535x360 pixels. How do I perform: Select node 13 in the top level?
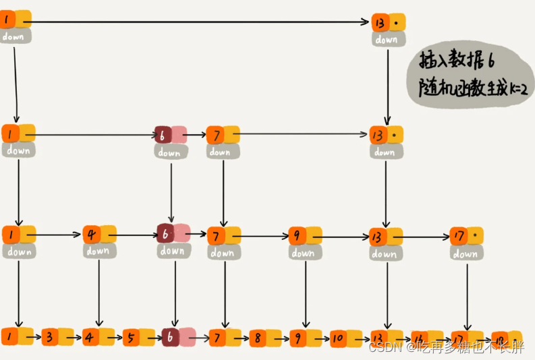379,22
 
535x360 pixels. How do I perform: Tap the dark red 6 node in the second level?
162,134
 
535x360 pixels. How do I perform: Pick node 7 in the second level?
214,134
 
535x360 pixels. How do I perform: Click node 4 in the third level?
92,235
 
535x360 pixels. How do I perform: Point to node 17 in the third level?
459,237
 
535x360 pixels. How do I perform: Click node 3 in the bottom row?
50,336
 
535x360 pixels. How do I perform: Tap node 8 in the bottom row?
257,337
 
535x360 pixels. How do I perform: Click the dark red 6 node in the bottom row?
171,336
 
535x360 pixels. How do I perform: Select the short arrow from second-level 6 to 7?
196,134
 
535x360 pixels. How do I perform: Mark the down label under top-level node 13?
387,40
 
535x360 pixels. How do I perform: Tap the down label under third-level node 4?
98,251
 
